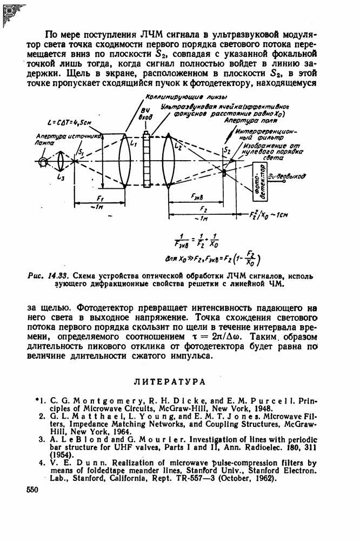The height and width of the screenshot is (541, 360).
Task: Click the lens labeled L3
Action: point(61,161)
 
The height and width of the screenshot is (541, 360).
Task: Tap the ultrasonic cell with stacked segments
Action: point(145,160)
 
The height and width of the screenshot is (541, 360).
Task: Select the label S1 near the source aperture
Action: point(81,153)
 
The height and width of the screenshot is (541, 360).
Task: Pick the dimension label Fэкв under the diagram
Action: point(197,199)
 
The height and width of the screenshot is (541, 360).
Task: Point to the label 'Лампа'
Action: point(45,143)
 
